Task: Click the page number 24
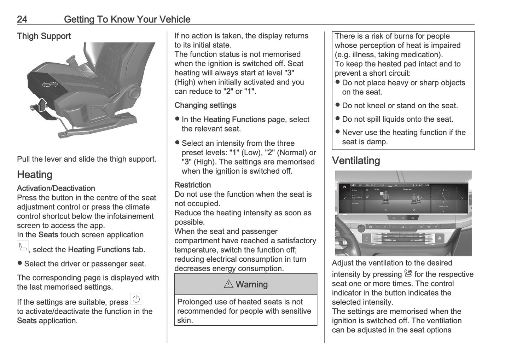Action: point(22,19)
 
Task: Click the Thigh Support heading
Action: point(44,36)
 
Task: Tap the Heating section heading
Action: point(35,175)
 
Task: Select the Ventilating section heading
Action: point(356,161)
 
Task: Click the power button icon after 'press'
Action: point(136,299)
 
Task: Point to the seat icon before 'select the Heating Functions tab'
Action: point(23,246)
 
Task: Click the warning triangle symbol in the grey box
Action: point(228,284)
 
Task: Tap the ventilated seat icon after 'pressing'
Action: point(408,273)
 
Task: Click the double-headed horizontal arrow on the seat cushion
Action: point(50,84)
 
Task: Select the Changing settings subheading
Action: point(205,105)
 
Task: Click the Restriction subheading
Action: point(192,185)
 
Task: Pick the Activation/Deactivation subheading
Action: point(56,188)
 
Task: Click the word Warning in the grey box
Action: point(251,284)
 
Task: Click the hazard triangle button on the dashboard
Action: point(440,238)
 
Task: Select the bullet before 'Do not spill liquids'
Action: point(338,119)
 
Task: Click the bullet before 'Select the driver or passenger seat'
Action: point(20,263)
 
